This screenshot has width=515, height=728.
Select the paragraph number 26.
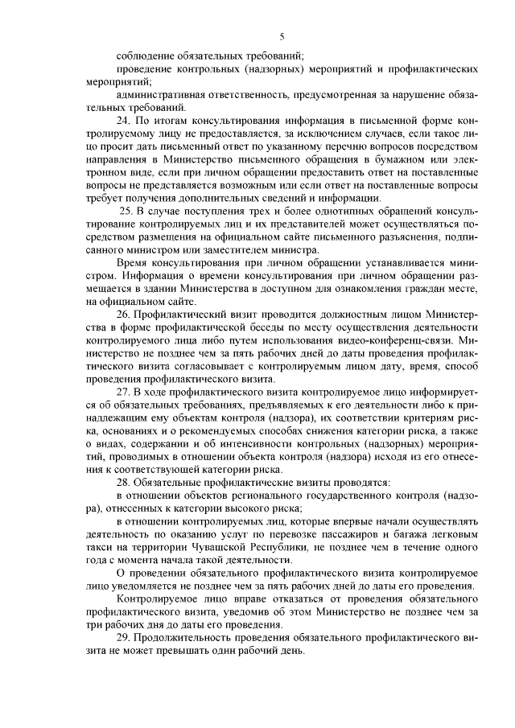click(x=124, y=313)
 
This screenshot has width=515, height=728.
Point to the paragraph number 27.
click(x=124, y=390)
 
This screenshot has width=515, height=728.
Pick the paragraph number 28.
click(x=124, y=481)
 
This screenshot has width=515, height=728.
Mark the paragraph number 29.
click(x=124, y=638)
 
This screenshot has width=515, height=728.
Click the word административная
click(x=168, y=95)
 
